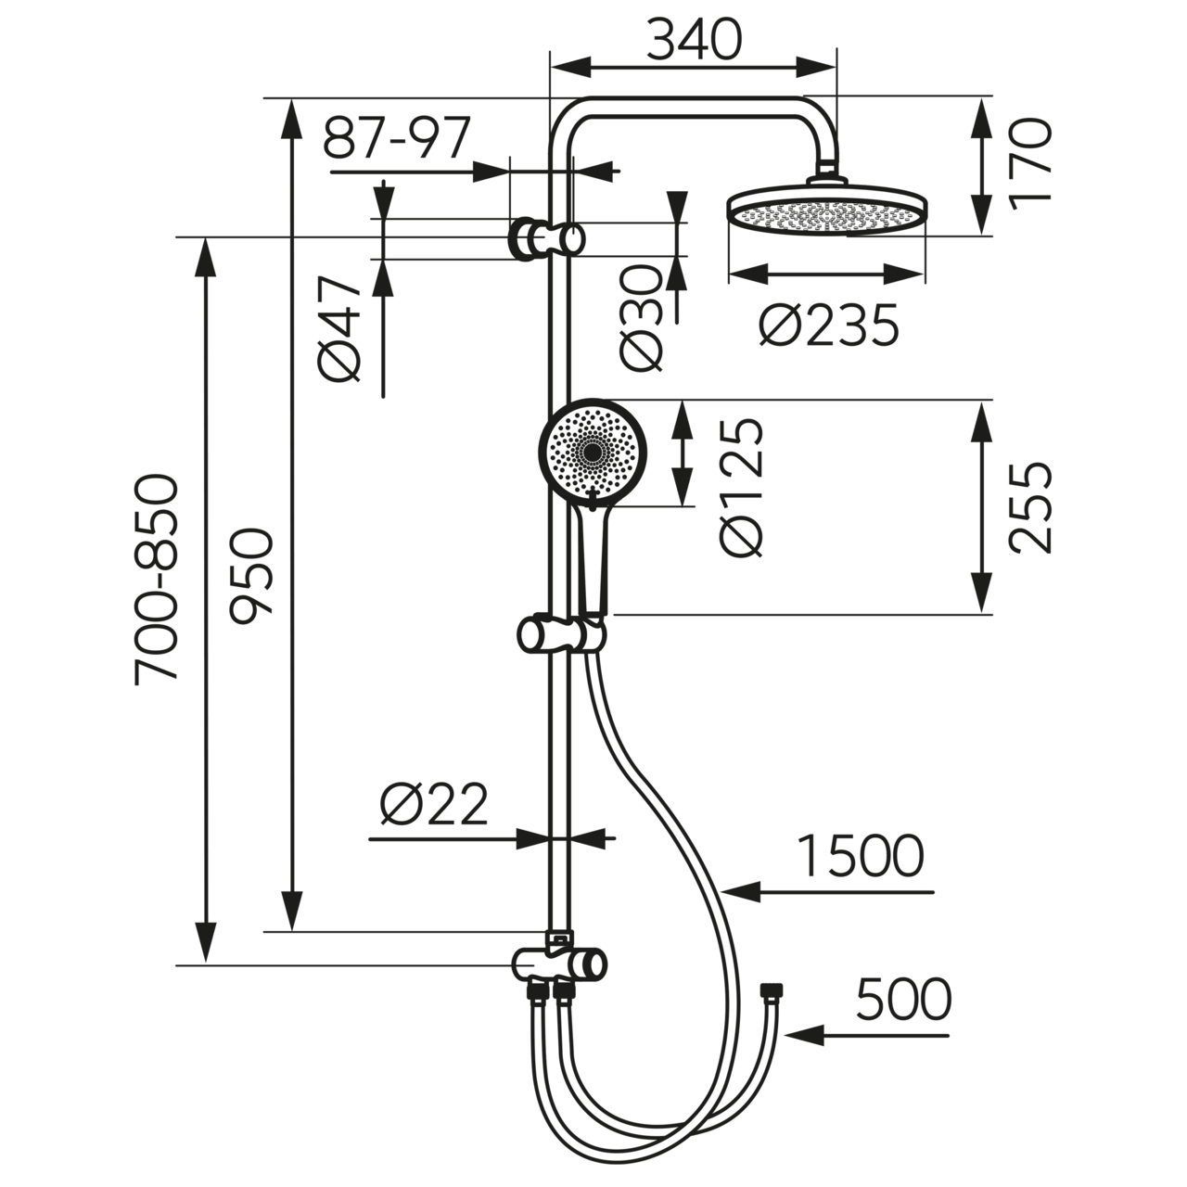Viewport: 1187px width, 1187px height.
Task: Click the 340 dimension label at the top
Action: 694,40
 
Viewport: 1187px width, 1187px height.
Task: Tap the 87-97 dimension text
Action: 397,138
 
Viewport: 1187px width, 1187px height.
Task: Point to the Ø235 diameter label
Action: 828,325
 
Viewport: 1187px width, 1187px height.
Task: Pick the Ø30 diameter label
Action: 642,318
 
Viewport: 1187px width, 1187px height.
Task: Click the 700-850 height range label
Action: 155,580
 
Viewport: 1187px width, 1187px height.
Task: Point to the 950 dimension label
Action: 252,575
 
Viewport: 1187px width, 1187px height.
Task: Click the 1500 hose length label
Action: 861,856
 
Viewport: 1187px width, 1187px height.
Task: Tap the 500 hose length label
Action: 902,1000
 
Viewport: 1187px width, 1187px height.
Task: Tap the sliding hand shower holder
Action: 561,636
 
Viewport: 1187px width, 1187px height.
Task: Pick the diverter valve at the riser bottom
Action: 559,965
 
